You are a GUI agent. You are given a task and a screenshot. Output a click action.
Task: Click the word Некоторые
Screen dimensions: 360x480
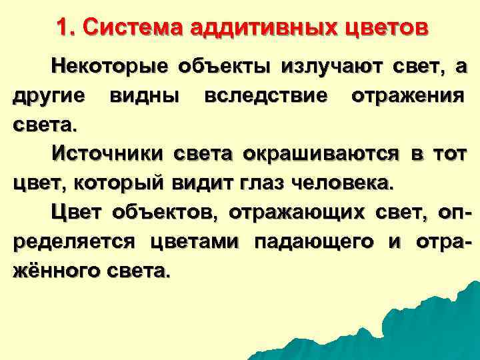click(x=109, y=67)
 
